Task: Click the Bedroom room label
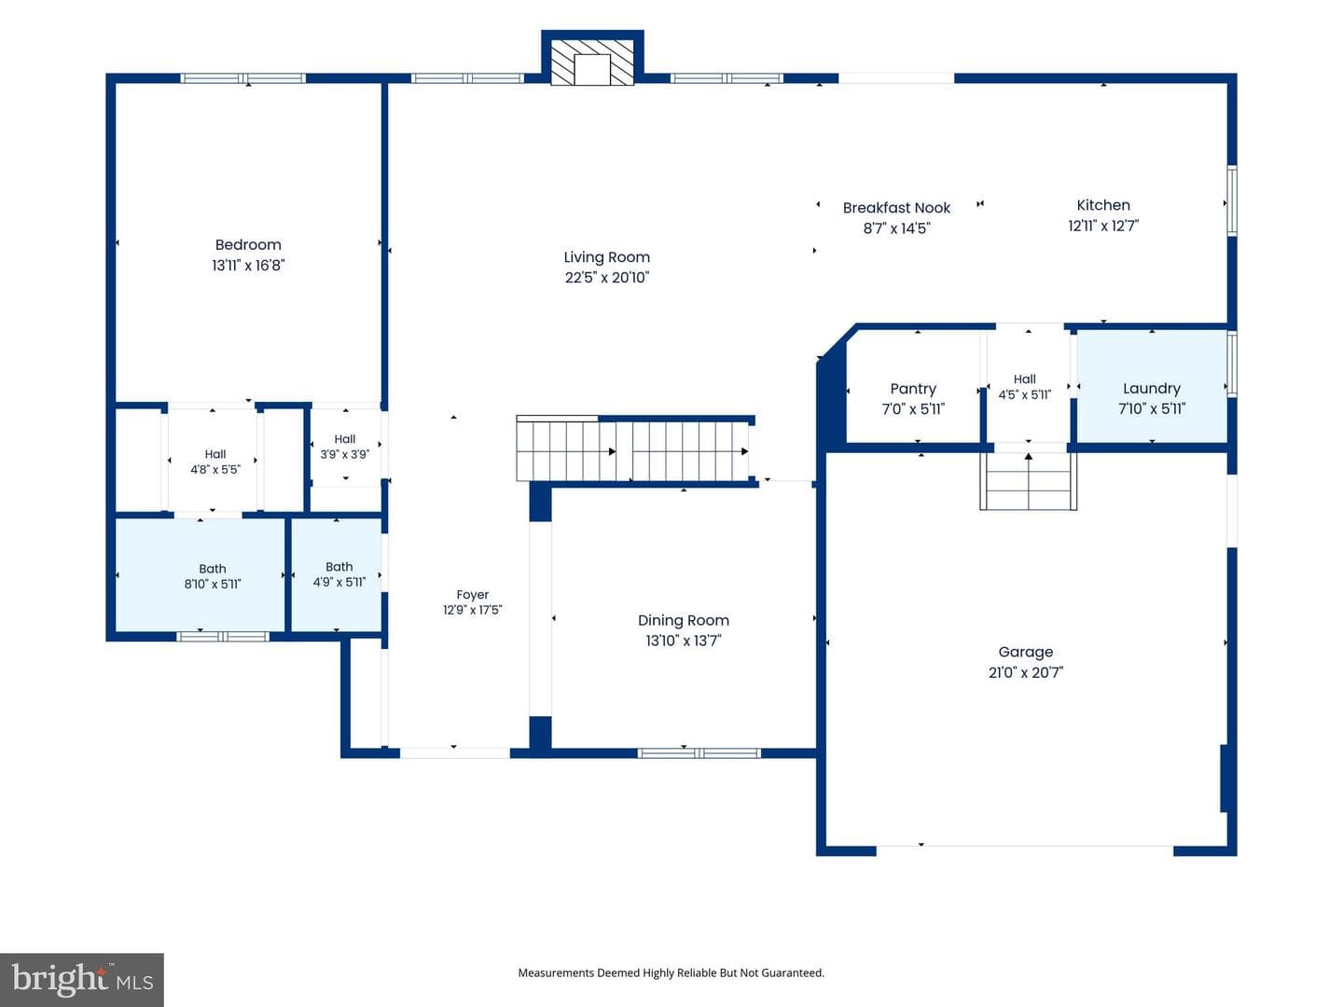click(x=248, y=244)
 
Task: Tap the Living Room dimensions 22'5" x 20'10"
click(x=606, y=278)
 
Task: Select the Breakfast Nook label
click(x=896, y=208)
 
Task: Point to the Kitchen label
click(x=1103, y=205)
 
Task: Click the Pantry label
click(x=913, y=389)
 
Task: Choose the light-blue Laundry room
click(x=1152, y=386)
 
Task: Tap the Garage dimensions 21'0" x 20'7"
click(x=1026, y=672)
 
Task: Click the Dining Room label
click(x=684, y=620)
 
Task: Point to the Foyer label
click(x=472, y=594)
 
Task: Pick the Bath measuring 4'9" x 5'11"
click(x=337, y=574)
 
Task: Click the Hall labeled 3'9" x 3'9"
click(x=345, y=447)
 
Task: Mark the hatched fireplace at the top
click(x=592, y=62)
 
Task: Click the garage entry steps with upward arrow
click(x=1029, y=481)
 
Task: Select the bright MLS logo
click(x=82, y=979)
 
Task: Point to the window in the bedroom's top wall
click(x=242, y=78)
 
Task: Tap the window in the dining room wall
click(x=699, y=753)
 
